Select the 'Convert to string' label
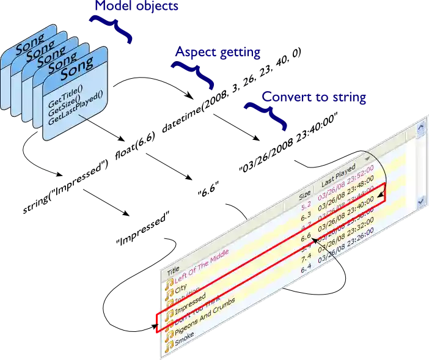[312, 97]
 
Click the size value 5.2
[305, 205]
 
